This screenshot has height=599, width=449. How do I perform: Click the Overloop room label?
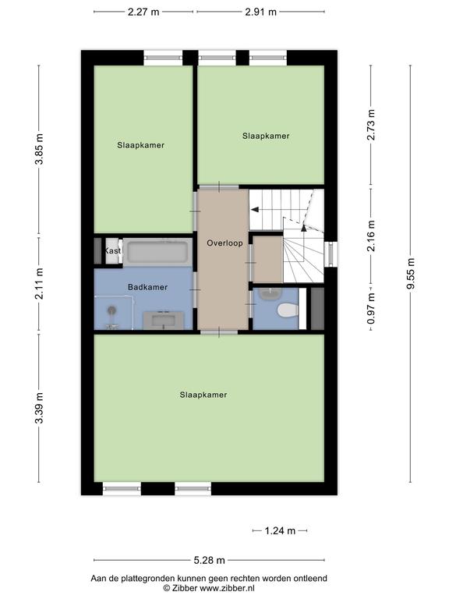(x=224, y=243)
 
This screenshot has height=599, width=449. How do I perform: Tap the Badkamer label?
(x=148, y=287)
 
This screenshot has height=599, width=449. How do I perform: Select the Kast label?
(x=112, y=250)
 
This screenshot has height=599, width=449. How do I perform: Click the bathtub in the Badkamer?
(x=157, y=252)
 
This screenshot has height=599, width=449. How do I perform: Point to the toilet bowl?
(x=288, y=310)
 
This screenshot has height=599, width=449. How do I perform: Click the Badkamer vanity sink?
(x=164, y=320)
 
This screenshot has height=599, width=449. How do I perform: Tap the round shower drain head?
(x=111, y=310)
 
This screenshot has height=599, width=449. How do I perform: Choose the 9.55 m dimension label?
(x=411, y=274)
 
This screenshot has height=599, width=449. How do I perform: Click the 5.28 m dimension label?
(x=209, y=561)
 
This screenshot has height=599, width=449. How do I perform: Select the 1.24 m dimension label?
(x=280, y=530)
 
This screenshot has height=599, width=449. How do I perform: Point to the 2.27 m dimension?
(x=143, y=12)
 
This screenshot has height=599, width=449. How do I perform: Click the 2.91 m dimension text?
(x=261, y=12)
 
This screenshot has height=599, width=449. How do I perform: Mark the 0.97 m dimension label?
(x=371, y=309)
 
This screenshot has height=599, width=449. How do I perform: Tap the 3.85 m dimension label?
(x=39, y=149)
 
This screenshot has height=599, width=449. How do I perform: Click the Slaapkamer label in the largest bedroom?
(x=203, y=395)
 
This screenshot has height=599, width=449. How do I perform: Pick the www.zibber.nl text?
(x=227, y=588)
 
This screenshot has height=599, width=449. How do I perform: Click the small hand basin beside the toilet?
(x=270, y=293)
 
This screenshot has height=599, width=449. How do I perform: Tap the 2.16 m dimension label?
(x=371, y=236)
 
